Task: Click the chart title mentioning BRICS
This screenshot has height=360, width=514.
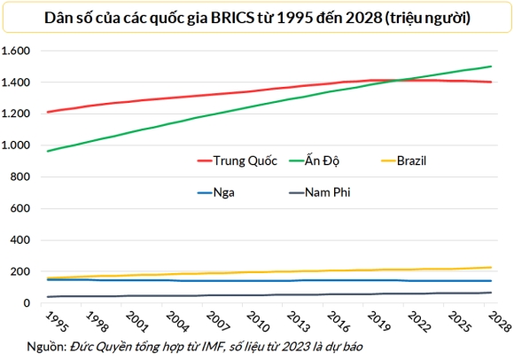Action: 256,16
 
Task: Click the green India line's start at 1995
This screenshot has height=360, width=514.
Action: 47,151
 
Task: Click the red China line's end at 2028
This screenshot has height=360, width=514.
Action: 493,82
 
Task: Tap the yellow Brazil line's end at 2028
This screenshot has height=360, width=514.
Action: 493,267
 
